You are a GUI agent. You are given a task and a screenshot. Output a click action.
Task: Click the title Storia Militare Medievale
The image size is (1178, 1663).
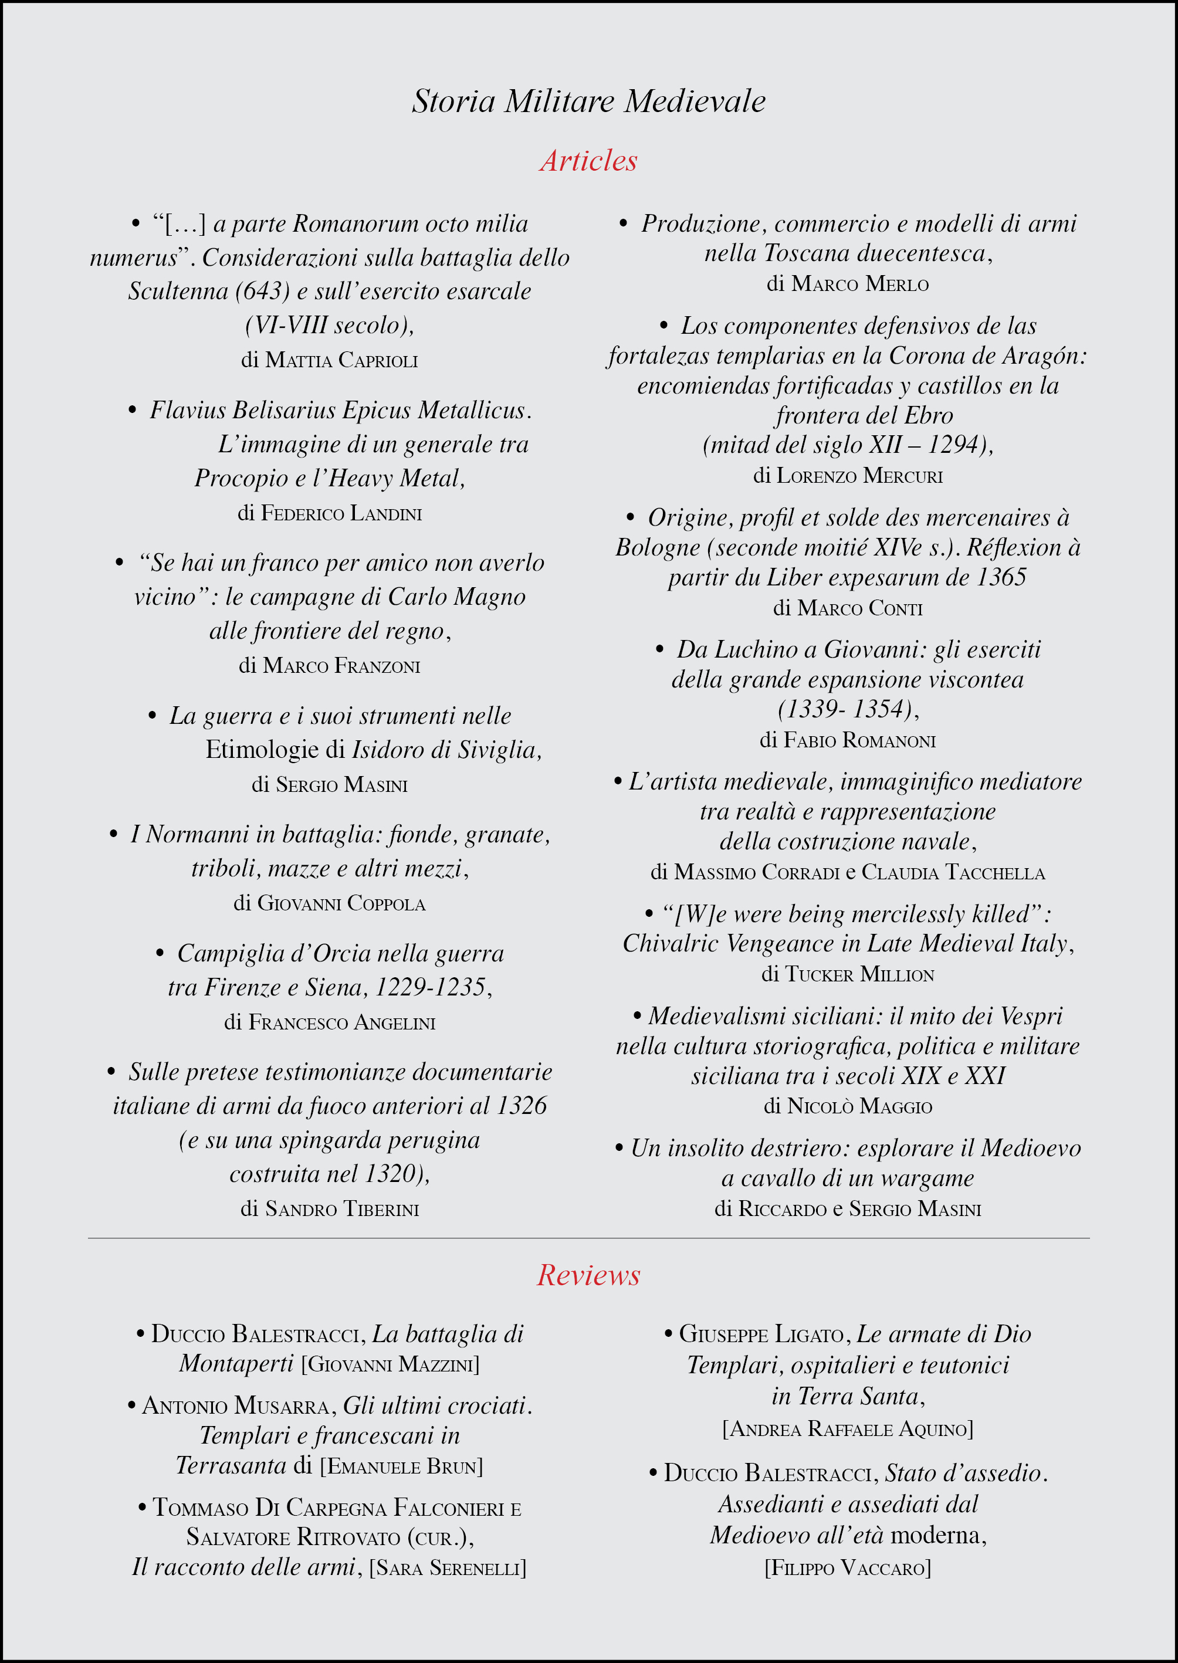pos(588,101)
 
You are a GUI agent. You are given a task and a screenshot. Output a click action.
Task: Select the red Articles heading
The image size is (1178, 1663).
pos(588,160)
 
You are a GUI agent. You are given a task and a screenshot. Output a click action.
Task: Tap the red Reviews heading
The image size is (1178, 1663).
pos(588,1275)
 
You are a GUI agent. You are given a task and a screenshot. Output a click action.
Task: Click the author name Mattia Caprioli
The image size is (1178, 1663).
pos(341,360)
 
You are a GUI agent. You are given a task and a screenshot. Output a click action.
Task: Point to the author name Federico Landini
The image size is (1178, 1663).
pos(341,513)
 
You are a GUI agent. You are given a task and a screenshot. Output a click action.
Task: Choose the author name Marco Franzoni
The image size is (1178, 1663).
pos(341,666)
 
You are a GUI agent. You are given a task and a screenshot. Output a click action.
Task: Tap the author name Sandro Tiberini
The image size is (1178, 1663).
pos(341,1208)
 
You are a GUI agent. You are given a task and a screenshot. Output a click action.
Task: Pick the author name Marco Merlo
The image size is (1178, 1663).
pos(859,283)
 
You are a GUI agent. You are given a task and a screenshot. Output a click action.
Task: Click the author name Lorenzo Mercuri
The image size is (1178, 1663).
pos(859,476)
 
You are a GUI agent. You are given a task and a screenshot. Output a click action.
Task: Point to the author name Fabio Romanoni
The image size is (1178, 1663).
pos(859,740)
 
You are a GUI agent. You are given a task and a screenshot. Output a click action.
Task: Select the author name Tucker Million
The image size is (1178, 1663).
pos(859,974)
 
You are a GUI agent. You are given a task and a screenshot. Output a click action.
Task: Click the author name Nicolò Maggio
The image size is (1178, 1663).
pos(859,1106)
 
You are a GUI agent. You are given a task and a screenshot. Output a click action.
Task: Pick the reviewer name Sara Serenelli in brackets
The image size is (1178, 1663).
pos(448,1568)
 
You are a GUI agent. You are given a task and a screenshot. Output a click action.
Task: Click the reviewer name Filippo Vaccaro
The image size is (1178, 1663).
pos(847,1568)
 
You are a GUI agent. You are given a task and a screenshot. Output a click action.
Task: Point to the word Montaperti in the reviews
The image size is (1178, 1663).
pos(236,1363)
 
